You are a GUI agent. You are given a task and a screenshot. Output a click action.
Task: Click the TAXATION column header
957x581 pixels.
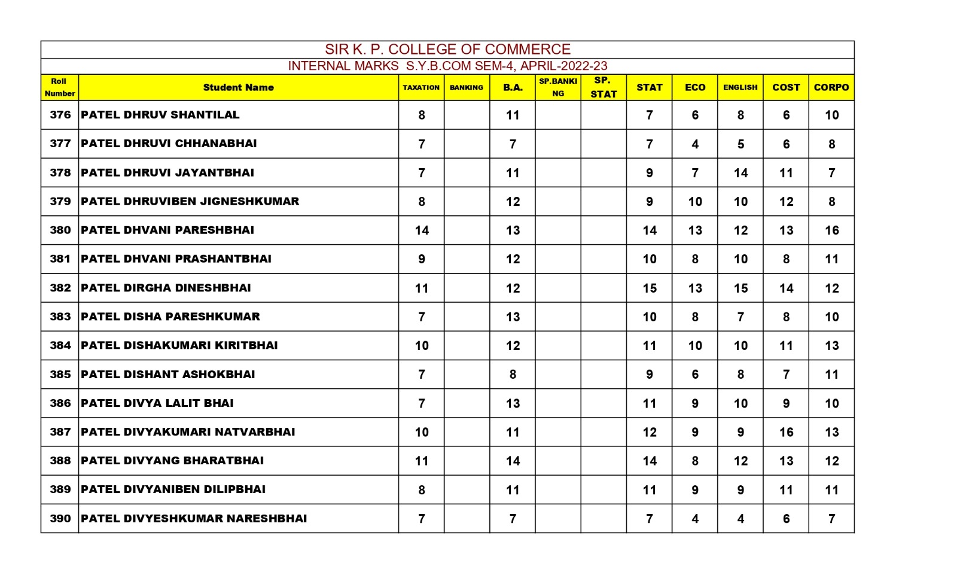[x=421, y=87]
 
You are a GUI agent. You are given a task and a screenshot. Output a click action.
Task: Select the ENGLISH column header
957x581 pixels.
[x=740, y=87]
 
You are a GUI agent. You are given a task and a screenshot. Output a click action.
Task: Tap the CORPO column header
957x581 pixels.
[x=831, y=87]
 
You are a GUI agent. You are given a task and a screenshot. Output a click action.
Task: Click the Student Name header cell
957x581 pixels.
[x=238, y=87]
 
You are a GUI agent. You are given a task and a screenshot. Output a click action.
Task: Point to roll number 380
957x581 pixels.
[x=60, y=230]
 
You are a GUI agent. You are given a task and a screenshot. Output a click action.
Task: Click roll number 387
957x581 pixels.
[x=60, y=432]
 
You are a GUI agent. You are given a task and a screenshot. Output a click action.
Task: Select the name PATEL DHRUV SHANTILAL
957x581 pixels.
[x=160, y=115]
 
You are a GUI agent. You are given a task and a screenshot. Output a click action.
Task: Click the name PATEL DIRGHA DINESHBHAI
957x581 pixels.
[x=166, y=288]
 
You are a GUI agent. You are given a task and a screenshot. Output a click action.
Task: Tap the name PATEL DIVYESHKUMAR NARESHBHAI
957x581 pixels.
[x=194, y=519]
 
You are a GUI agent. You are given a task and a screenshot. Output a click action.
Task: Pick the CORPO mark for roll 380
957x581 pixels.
[x=831, y=230]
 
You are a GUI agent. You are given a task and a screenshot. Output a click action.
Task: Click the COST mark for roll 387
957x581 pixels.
[x=786, y=432]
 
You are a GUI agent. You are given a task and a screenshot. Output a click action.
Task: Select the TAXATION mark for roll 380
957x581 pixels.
[x=422, y=230]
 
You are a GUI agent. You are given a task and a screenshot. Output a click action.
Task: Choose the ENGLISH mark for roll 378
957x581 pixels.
[x=740, y=173]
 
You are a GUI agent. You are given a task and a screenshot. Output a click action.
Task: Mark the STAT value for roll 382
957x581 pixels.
[x=650, y=288]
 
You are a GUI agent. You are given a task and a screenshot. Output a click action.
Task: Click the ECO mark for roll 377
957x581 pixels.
[x=695, y=144]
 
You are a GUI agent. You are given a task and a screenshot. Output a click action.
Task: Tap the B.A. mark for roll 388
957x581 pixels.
[x=513, y=461]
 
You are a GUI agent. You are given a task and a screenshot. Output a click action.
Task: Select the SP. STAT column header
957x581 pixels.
[x=603, y=87]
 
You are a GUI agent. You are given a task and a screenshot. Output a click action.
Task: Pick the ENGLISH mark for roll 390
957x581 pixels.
[x=740, y=519]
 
